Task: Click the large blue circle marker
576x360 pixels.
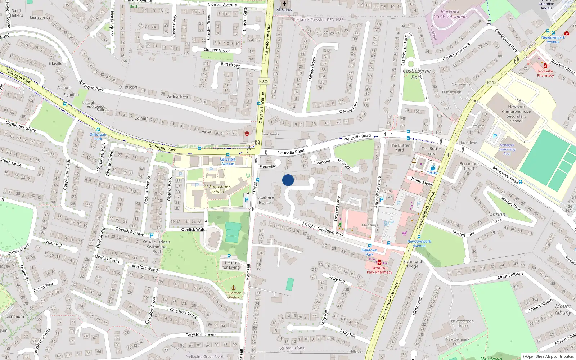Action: pos(288,180)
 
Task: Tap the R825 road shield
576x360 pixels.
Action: pos(264,81)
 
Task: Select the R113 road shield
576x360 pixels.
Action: pos(492,82)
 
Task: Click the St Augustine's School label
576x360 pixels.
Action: pos(217,189)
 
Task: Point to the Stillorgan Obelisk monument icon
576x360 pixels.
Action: pos(233,288)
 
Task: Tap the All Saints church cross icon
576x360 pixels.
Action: pos(284,4)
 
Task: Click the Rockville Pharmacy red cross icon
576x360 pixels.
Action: pos(545,66)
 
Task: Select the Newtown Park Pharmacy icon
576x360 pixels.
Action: pos(379,262)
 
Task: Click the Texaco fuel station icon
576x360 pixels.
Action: pos(433,168)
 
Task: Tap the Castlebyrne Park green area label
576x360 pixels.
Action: pos(417,74)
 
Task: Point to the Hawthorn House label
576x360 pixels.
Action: pos(265,200)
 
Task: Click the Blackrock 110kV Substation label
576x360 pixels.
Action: pos(450,14)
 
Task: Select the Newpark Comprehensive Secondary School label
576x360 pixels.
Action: pos(516,114)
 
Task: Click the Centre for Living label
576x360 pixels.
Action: pos(231,265)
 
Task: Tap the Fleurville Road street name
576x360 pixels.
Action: pos(357,138)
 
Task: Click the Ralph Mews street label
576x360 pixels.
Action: pos(422,181)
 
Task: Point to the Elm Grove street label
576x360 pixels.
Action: pos(230,64)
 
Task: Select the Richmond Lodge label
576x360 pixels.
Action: pos(413,264)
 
